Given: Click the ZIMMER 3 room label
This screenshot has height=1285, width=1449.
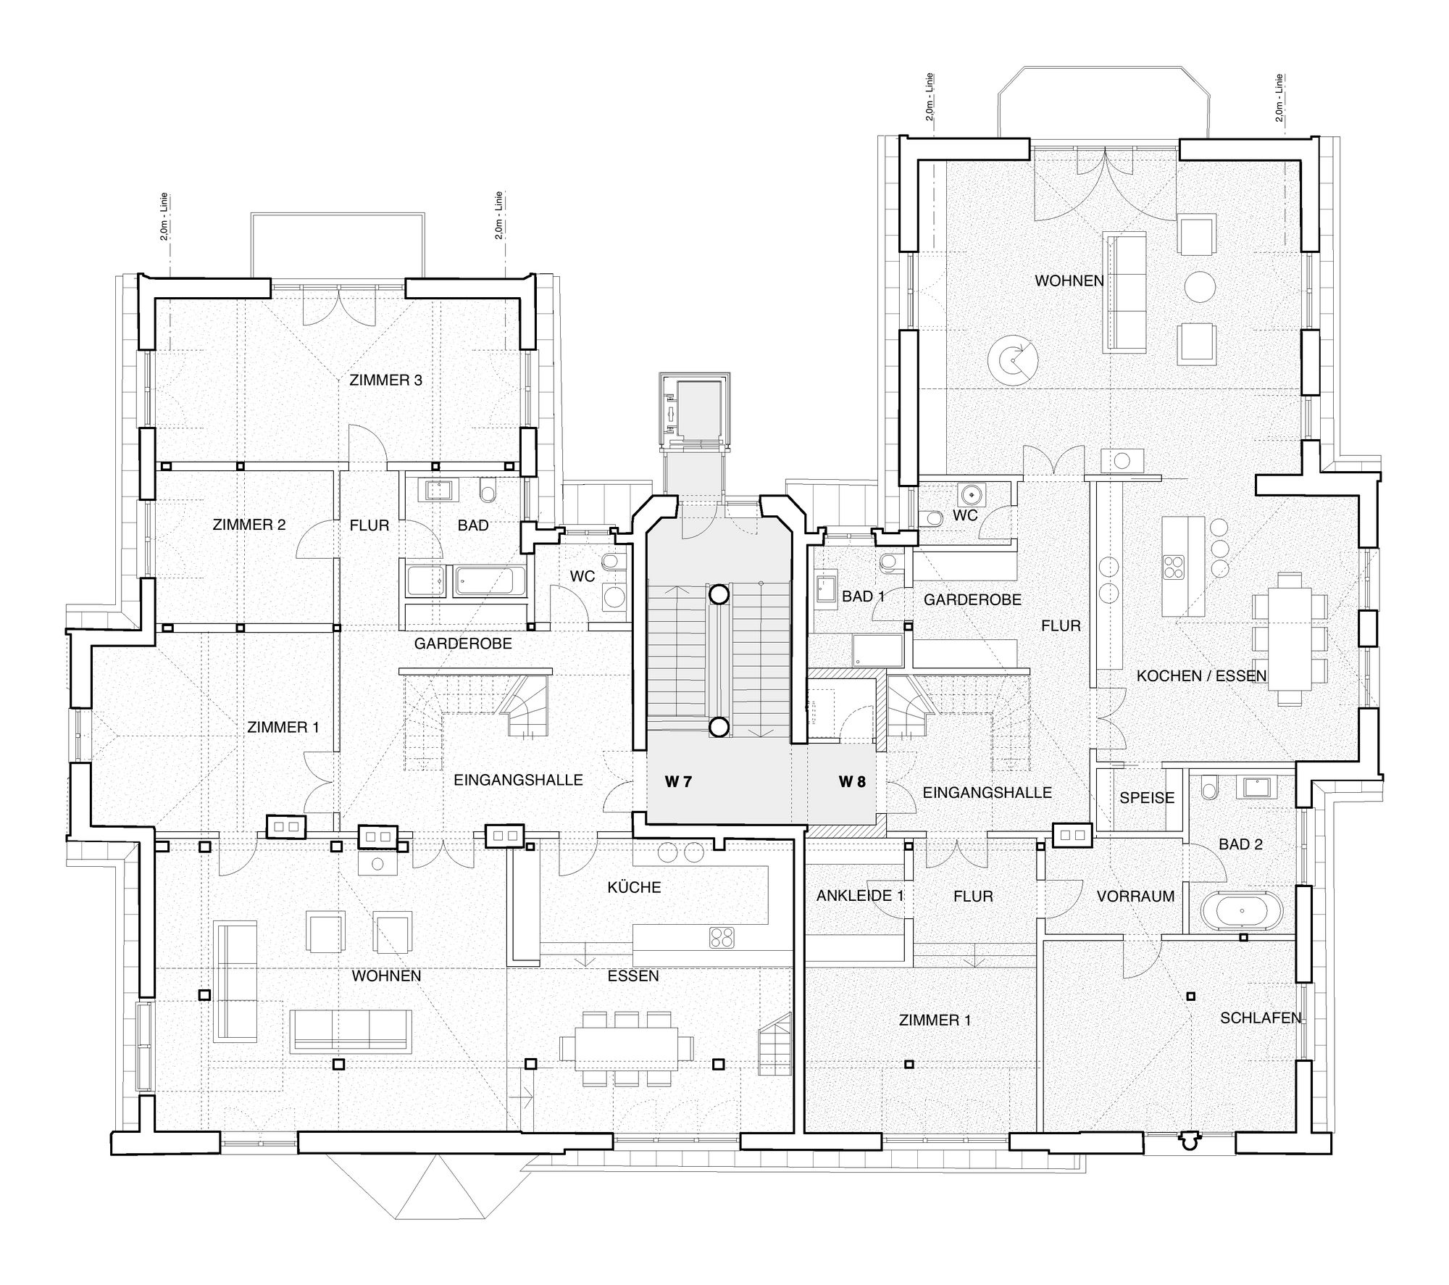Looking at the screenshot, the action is (x=385, y=380).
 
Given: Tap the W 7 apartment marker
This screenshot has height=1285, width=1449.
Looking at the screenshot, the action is (x=679, y=782).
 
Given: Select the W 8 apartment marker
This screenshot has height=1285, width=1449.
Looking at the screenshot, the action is (x=853, y=782).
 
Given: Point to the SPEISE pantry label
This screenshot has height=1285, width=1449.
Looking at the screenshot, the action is (x=1147, y=798).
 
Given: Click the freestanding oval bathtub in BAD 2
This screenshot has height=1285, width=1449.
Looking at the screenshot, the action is (x=1242, y=910).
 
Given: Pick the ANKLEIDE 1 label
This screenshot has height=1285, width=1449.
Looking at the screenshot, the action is (x=860, y=896).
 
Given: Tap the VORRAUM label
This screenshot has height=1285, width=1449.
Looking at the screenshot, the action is (x=1135, y=897).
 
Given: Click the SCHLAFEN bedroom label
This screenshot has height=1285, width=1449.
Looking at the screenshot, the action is (x=1261, y=1018).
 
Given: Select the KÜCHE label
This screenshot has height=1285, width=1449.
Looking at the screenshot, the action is (x=635, y=887).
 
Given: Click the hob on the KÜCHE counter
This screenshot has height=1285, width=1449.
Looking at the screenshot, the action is (x=722, y=937).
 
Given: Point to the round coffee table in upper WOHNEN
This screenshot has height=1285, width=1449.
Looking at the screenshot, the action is (x=1200, y=286).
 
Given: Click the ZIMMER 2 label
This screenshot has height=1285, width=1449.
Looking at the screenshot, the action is (x=249, y=525).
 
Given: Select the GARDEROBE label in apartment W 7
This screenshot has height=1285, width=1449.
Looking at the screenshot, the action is (x=463, y=644).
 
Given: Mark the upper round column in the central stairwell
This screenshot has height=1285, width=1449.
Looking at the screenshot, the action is (x=718, y=595).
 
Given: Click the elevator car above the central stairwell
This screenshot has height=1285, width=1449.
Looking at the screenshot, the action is (x=694, y=409).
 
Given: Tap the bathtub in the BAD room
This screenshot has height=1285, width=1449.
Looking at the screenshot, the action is (x=490, y=582).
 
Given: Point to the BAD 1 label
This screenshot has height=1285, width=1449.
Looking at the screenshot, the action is (x=864, y=596).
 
